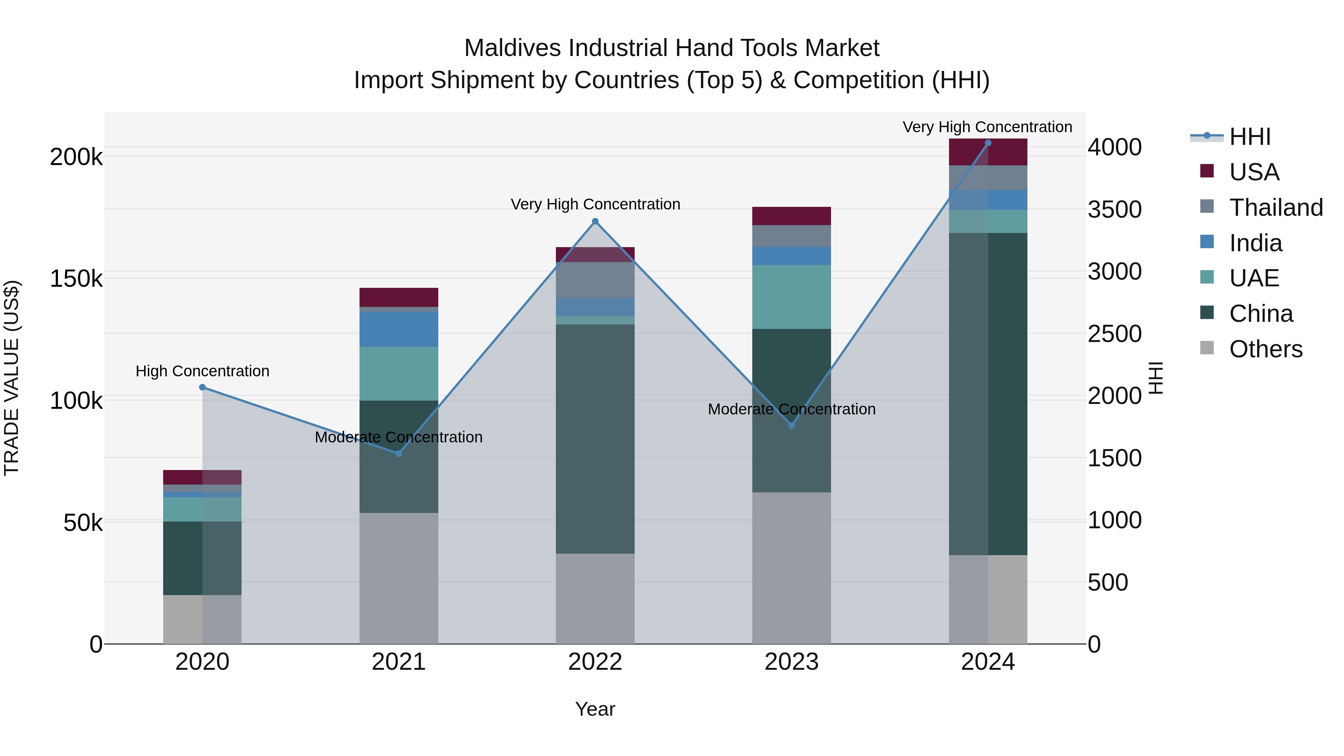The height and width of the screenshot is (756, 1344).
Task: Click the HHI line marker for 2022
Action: pos(595,221)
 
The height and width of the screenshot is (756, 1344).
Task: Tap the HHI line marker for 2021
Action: pos(399,453)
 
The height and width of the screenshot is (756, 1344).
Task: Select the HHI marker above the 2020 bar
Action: pos(202,387)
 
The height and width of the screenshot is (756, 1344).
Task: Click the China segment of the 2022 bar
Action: pos(595,438)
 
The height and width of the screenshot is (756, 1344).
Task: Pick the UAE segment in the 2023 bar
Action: pos(791,296)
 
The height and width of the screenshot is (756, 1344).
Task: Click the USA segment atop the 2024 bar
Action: pos(987,152)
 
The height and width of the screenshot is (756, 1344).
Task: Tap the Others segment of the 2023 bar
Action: pos(791,567)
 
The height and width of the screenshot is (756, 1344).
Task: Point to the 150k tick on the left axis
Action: pos(76,279)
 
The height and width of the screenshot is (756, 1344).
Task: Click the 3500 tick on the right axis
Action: pos(1114,209)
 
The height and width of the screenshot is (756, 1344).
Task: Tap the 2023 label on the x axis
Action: pos(791,662)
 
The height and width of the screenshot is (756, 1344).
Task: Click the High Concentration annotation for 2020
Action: pos(202,371)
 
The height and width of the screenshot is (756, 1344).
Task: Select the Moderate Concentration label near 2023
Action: pos(791,409)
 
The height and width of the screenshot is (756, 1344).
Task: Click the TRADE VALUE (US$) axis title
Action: pos(12,378)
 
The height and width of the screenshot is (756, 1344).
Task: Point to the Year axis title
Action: pos(595,709)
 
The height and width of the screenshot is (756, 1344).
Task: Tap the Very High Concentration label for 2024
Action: pos(987,127)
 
